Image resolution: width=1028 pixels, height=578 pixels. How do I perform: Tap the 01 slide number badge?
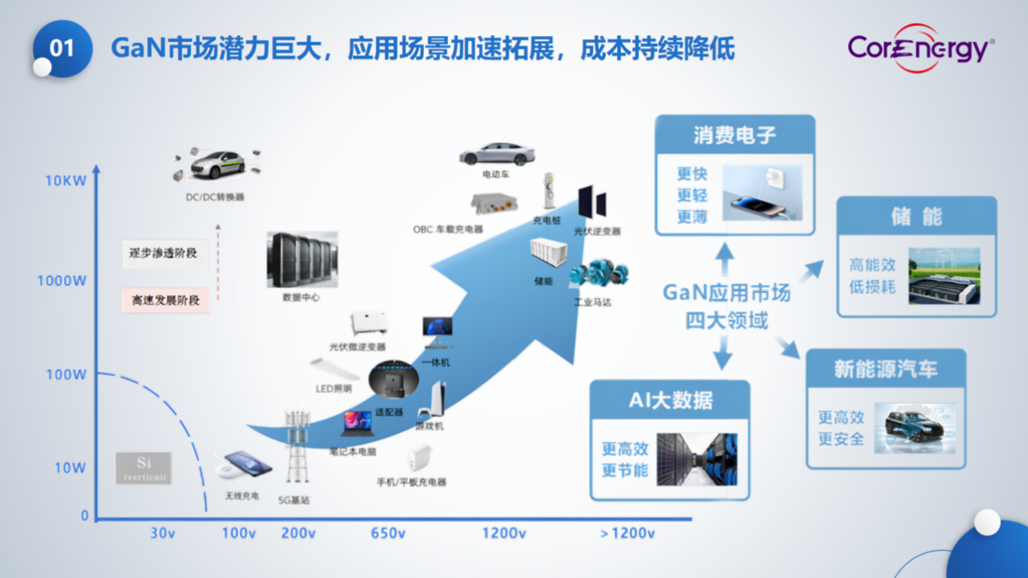point(63,48)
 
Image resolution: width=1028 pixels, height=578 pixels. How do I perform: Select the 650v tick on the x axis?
point(387,533)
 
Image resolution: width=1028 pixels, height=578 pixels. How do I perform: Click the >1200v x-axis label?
point(627,533)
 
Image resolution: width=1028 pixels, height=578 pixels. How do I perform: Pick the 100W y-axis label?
point(66,374)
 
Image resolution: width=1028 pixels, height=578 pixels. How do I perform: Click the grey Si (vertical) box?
point(143,468)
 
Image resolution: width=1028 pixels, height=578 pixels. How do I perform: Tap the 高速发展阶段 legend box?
point(165,301)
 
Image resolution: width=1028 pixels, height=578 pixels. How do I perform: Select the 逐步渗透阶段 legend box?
point(165,253)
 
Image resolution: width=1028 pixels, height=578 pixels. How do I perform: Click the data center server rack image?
point(300,260)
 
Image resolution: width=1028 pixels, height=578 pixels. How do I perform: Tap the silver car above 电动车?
point(496,154)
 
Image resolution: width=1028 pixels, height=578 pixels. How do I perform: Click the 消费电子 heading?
point(734,135)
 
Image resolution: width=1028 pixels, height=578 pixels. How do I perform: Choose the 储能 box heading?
point(916,217)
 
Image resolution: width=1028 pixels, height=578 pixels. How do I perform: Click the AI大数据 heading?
point(669,400)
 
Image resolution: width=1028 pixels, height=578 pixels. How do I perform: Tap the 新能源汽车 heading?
point(886,369)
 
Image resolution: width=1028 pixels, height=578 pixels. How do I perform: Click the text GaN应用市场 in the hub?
point(726,294)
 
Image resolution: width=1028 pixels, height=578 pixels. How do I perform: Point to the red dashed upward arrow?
point(218,261)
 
